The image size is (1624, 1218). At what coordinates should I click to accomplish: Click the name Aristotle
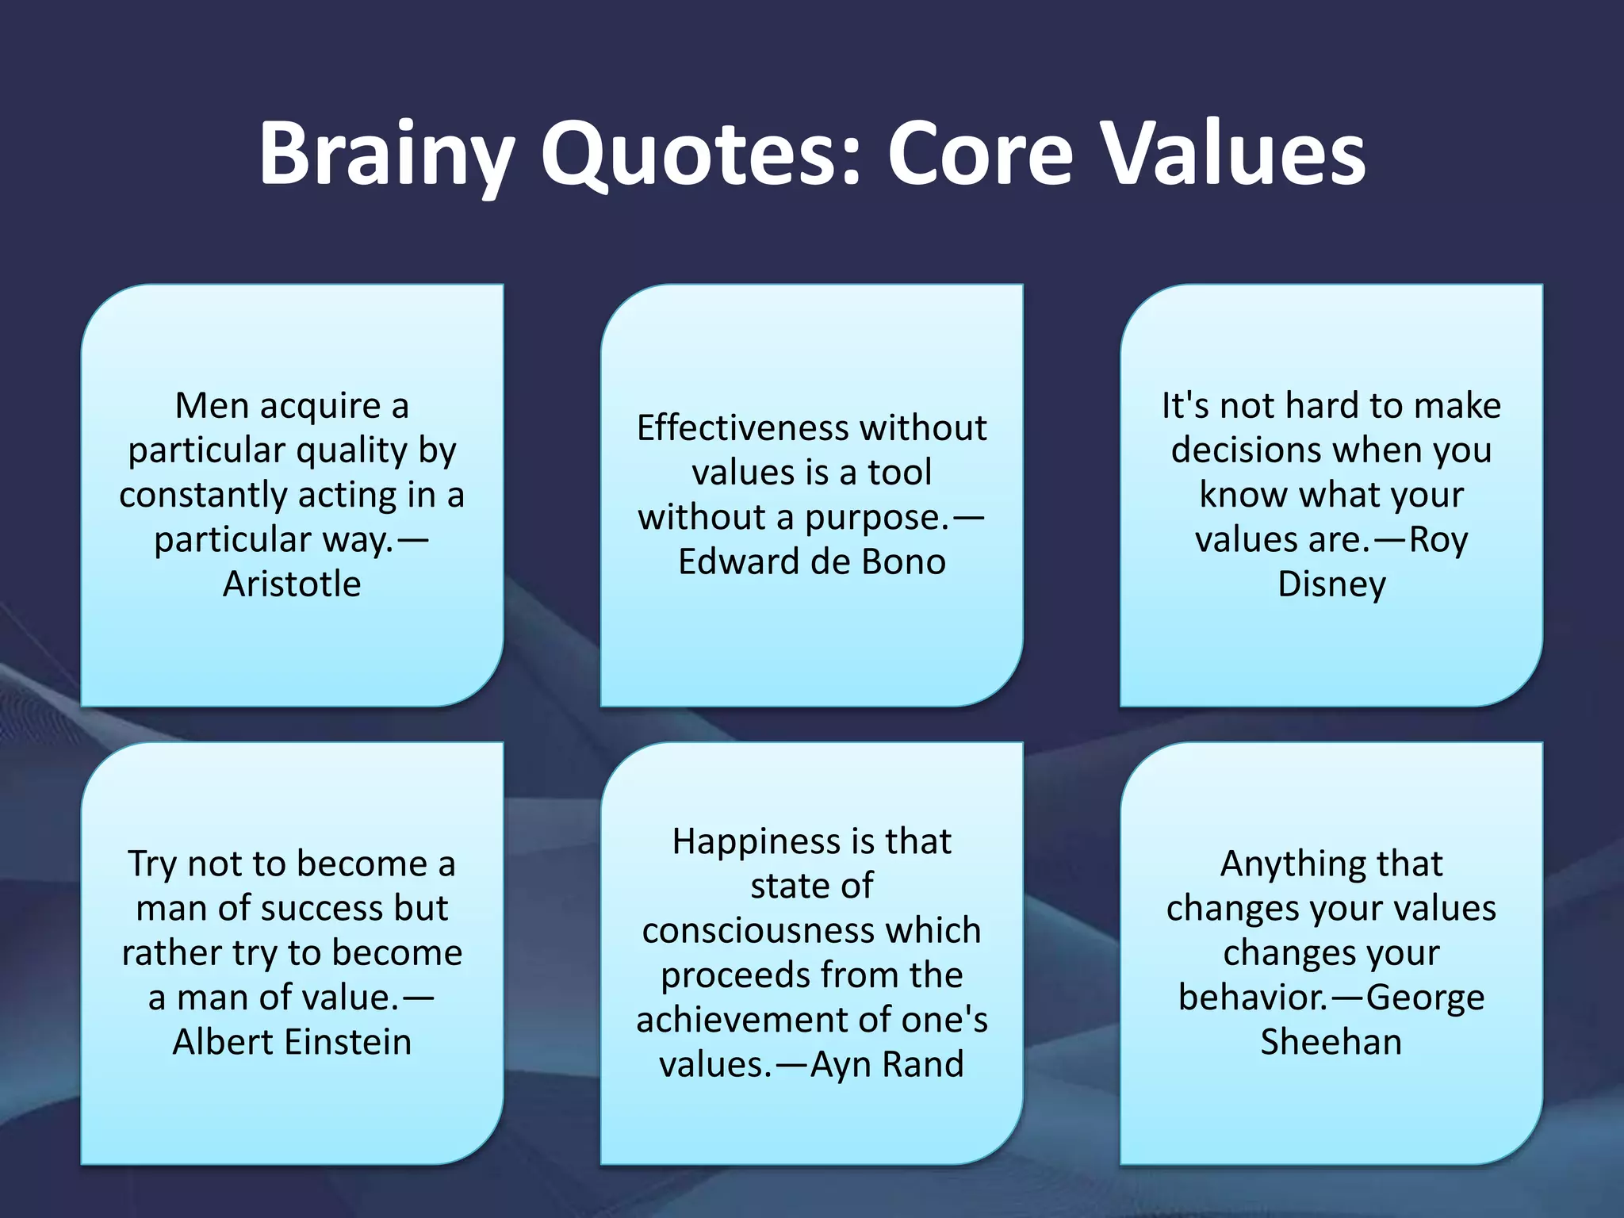292,584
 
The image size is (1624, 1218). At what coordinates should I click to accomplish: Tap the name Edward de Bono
812,562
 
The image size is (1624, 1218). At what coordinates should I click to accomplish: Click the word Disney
1331,584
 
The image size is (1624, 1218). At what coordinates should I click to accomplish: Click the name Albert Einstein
292,1042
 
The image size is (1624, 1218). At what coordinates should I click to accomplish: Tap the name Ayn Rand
887,1064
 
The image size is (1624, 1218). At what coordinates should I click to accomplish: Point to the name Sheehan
1331,1042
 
